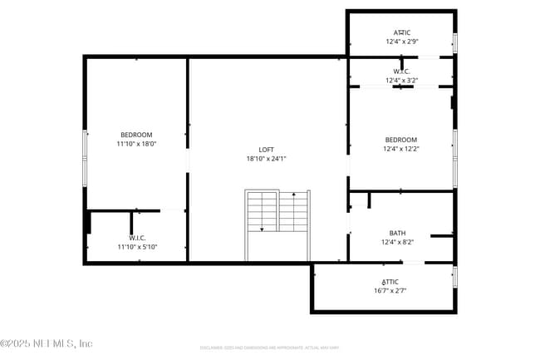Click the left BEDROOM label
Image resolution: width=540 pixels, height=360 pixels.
click(x=136, y=135)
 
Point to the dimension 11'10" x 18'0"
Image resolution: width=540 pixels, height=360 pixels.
click(x=136, y=144)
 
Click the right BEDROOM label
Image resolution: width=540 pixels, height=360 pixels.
click(x=400, y=140)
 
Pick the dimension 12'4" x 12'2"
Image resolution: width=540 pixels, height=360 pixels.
click(x=400, y=149)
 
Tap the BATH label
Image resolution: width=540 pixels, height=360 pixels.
click(x=397, y=233)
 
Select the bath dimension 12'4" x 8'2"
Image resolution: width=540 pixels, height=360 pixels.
click(x=397, y=242)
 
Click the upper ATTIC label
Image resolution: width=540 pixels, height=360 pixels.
click(x=401, y=32)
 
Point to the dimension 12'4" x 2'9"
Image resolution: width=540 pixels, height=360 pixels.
click(x=401, y=41)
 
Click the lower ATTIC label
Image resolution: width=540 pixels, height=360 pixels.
click(x=390, y=282)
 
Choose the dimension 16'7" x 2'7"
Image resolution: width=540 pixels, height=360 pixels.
click(x=390, y=291)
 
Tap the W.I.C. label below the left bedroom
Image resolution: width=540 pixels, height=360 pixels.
click(x=137, y=238)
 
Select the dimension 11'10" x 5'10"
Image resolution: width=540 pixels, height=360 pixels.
click(x=137, y=247)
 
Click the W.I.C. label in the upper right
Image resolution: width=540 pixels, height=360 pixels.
click(x=401, y=72)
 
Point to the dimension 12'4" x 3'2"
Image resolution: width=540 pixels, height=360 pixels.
click(x=401, y=81)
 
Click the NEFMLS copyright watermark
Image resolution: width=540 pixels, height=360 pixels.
click(x=47, y=343)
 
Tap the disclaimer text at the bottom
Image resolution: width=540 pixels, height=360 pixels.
click(x=269, y=348)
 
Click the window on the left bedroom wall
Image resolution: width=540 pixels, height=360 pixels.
click(x=84, y=158)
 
